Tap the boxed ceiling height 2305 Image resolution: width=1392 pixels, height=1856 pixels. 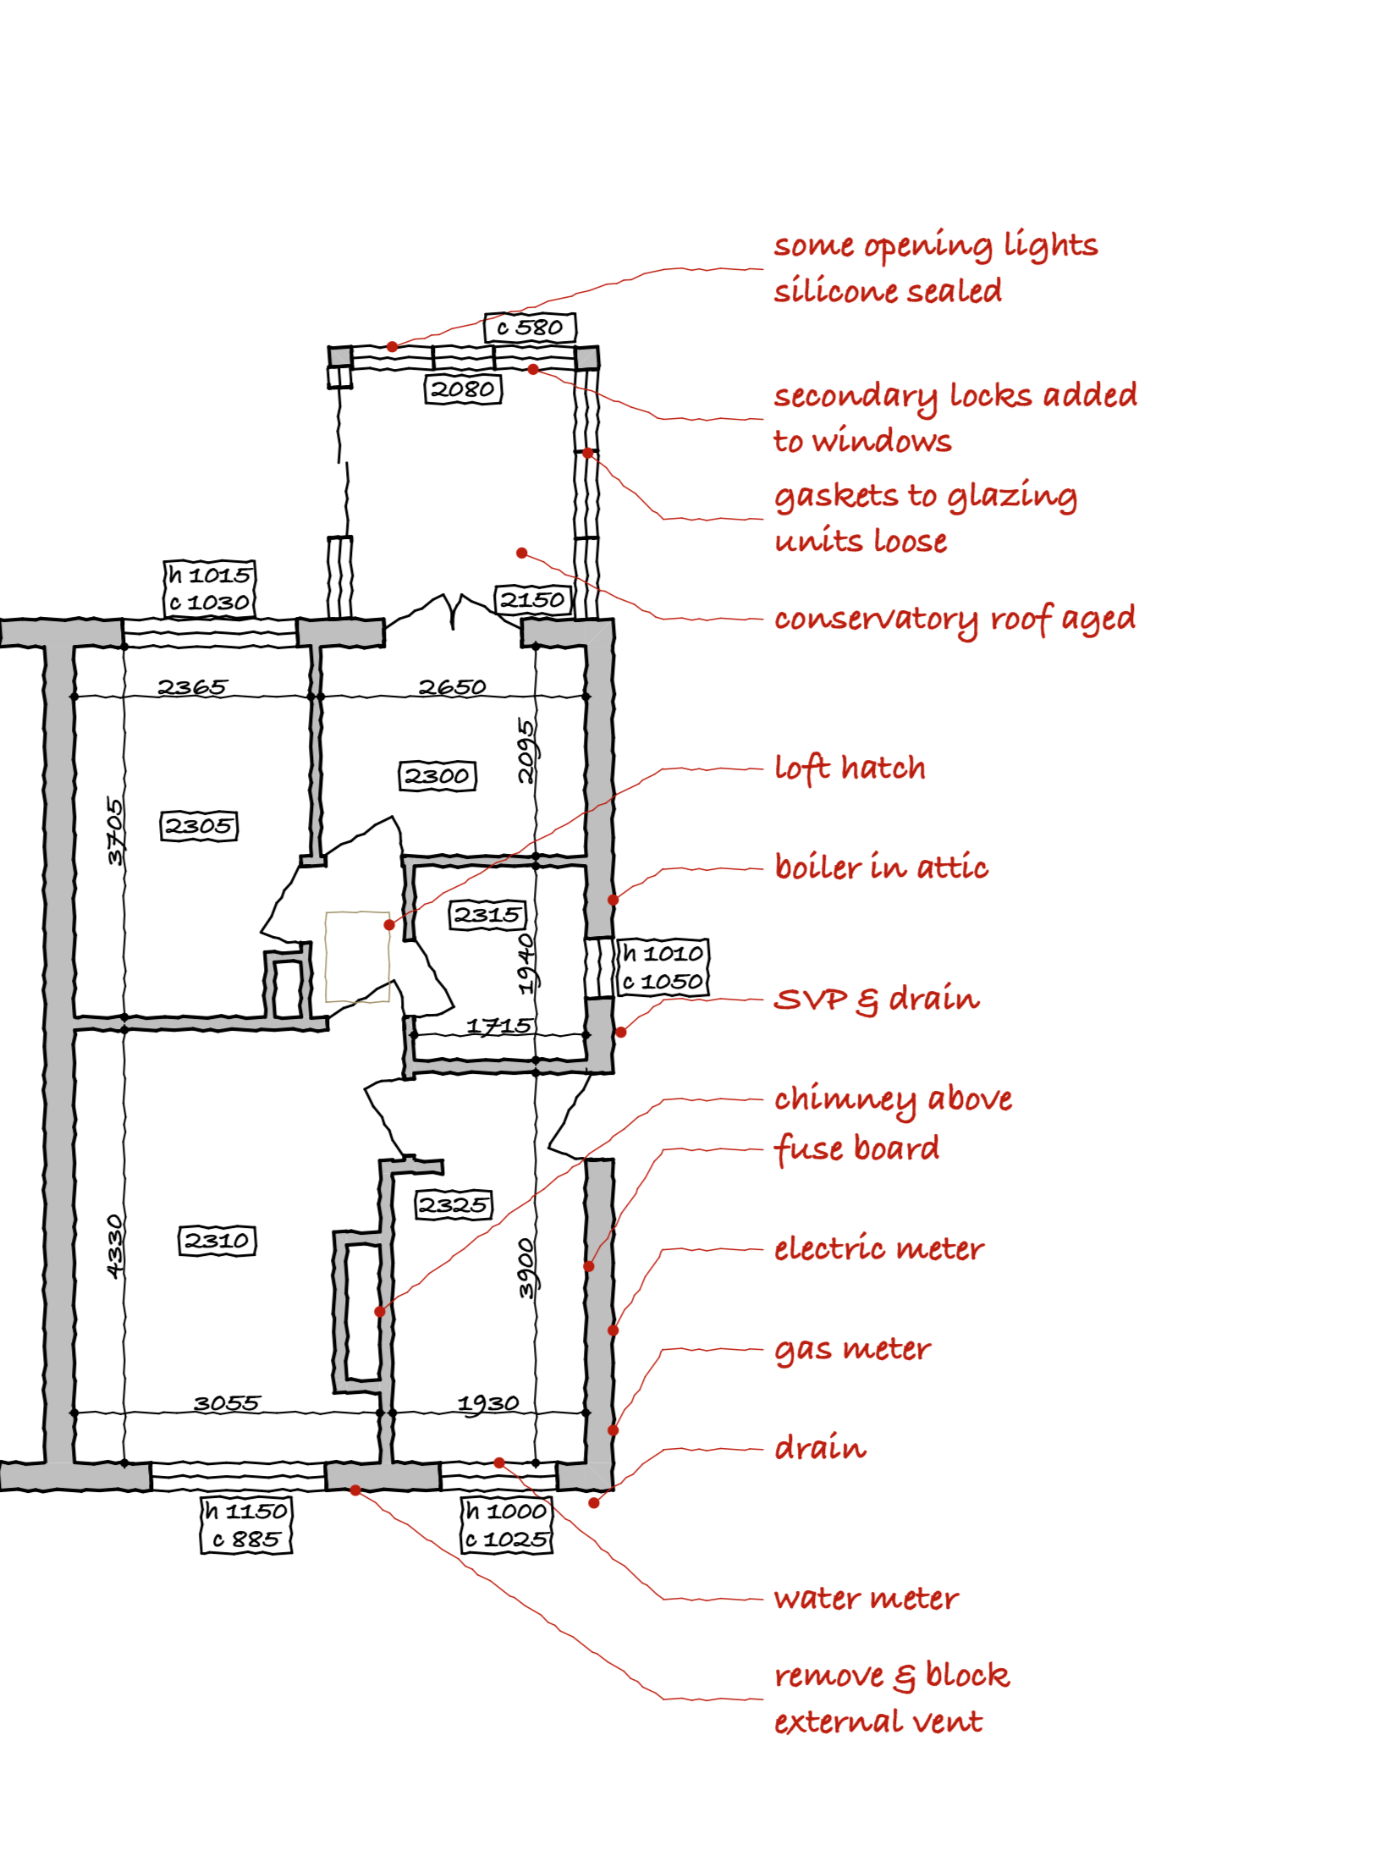199,825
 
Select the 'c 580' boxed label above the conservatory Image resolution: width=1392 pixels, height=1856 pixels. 530,327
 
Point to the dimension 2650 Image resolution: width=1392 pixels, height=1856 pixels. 452,686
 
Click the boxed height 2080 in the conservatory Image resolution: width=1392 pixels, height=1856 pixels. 462,388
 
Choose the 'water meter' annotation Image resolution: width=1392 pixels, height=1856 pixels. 866,1598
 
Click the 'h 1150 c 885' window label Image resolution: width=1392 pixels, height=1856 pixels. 246,1525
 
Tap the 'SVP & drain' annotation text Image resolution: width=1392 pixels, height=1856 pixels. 876,999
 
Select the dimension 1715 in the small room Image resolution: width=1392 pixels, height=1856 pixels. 498,1026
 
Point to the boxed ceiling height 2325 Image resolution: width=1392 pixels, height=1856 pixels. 454,1204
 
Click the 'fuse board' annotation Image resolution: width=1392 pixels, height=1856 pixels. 856,1148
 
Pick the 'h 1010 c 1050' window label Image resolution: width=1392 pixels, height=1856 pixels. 663,967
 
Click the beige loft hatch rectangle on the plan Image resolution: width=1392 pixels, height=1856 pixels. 357,956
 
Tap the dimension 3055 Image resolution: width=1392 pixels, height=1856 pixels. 226,1403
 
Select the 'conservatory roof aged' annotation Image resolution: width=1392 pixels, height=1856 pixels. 954,619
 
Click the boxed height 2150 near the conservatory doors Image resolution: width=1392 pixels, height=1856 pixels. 532,600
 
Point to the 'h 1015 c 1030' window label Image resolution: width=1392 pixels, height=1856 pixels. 209,588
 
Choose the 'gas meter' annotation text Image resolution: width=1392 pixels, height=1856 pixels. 851,1348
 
